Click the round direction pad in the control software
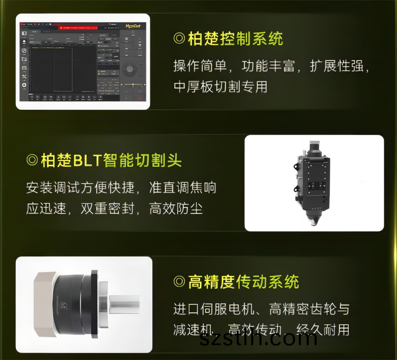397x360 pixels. coord(130,69)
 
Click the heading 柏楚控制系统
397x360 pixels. coord(235,38)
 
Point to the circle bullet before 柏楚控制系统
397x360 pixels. coord(179,39)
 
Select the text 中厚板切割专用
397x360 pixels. coord(220,86)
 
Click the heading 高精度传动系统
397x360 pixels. coord(243,282)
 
